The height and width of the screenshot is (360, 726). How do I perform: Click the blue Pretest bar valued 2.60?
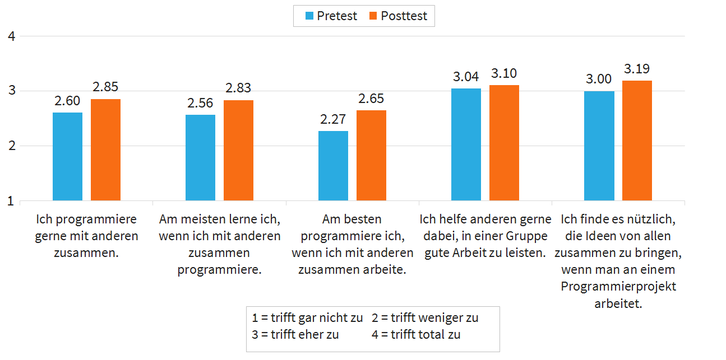point(68,156)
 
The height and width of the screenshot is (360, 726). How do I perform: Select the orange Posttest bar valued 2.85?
point(106,149)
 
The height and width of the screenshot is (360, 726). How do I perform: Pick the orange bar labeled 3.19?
point(637,140)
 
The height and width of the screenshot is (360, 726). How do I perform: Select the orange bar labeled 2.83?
point(239,150)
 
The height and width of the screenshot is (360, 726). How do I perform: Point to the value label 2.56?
point(200,104)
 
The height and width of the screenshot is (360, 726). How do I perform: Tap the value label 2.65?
point(371,99)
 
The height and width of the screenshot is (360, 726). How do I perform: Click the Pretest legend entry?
point(327,16)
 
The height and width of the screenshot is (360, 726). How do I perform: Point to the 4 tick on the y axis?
point(11,37)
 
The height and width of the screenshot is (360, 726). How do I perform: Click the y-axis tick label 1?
point(11,201)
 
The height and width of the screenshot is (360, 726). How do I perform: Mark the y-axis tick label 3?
point(11,91)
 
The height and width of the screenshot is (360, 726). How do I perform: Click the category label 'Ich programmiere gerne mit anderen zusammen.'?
point(86,235)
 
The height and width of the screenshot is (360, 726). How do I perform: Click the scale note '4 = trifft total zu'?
point(424,335)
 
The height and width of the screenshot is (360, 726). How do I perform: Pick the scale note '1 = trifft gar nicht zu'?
point(307,318)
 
